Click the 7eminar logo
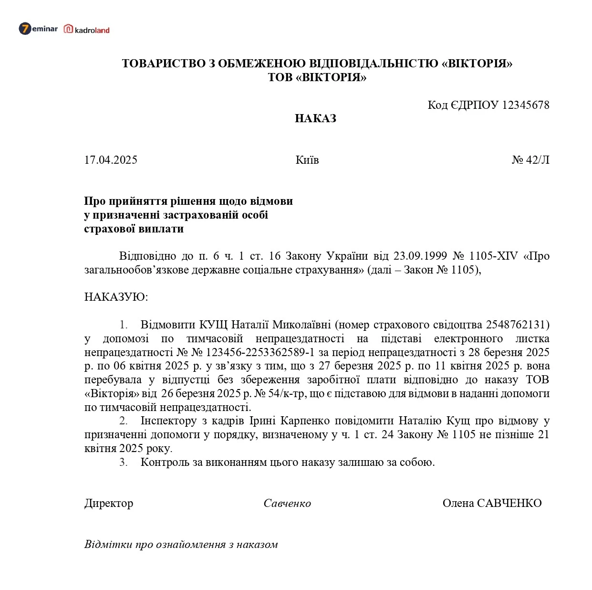(x=38, y=29)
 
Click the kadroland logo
(x=87, y=30)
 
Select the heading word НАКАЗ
(x=315, y=118)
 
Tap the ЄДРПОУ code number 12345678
(x=526, y=105)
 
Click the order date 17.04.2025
(x=111, y=160)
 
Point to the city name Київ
(x=307, y=160)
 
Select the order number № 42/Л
(x=530, y=160)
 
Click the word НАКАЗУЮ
(x=116, y=297)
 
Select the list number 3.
(x=123, y=462)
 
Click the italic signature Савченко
(x=287, y=504)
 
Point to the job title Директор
(x=109, y=503)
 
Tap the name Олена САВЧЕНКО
(x=492, y=503)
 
